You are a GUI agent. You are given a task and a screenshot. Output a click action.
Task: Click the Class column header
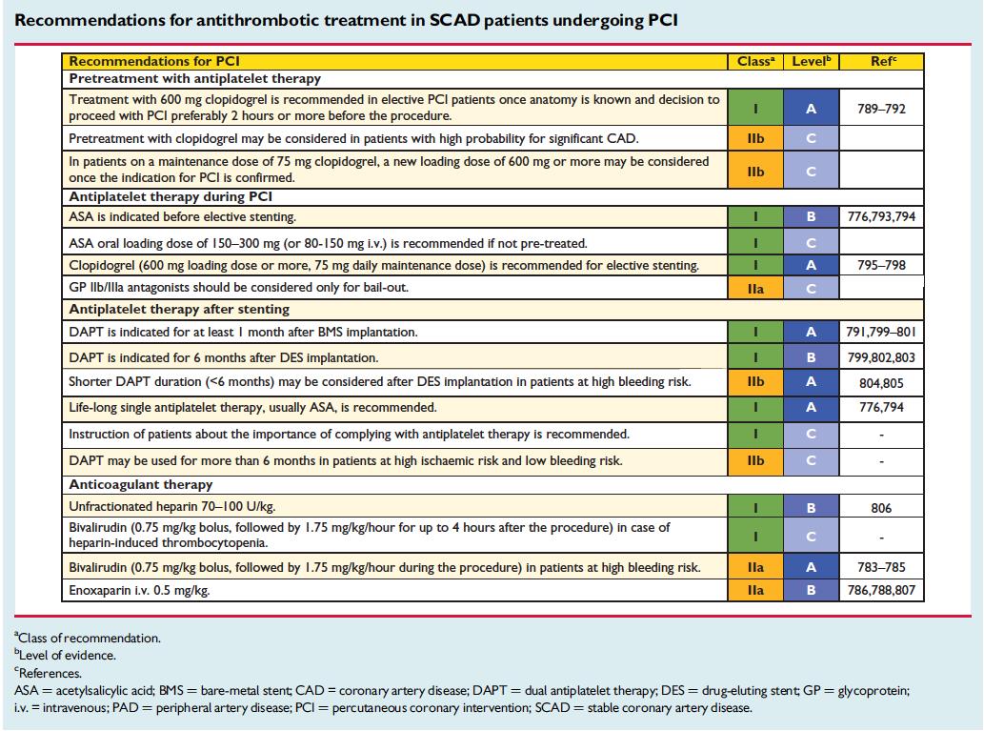pos(755,62)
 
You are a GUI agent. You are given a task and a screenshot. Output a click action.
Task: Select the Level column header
pos(811,62)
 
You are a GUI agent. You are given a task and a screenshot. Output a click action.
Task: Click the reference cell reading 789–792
pos(881,109)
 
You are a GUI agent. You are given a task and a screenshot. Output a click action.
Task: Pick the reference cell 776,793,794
pos(881,216)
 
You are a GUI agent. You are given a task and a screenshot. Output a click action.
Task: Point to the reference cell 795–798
pos(881,265)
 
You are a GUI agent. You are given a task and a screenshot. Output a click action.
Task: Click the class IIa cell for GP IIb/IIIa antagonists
pos(755,289)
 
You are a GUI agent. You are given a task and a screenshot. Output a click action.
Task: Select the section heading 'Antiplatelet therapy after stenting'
pos(179,309)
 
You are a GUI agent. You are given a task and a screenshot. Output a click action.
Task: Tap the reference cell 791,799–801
pos(881,332)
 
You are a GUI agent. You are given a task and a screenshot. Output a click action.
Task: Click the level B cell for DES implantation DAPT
pos(811,357)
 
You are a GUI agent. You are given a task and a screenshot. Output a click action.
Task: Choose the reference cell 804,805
pos(881,382)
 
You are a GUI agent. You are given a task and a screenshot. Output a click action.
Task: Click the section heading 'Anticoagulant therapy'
pos(141,484)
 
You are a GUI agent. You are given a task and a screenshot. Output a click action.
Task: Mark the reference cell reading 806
pos(881,508)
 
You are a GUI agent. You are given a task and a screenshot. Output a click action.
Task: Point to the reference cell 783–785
pos(881,567)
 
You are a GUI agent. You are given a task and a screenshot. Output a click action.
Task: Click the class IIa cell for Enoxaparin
pos(755,590)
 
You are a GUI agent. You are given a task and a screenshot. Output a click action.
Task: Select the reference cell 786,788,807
pos(881,590)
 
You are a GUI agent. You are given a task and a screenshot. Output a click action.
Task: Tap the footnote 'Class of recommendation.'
pos(88,638)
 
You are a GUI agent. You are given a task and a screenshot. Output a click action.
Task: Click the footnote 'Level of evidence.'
pos(66,655)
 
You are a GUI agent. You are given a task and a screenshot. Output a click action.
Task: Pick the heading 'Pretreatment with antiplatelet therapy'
pos(194,78)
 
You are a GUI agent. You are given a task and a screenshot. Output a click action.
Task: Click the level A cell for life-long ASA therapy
pos(811,408)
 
